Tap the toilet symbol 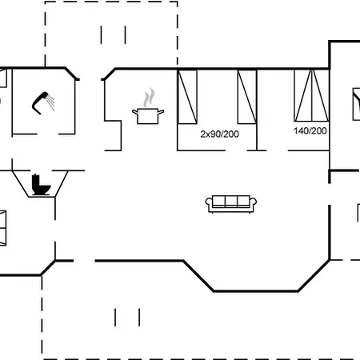[41, 185]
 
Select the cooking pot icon [148, 116]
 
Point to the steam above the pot [149, 98]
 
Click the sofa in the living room [231, 204]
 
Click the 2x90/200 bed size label [220, 134]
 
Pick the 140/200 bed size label [310, 131]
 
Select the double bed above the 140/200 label [311, 95]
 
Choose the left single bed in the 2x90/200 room [187, 97]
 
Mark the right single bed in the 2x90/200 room [247, 97]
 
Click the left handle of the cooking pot [135, 112]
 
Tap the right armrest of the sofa [254, 202]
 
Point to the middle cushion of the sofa [231, 201]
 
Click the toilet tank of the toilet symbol [35, 181]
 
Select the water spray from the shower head [50, 102]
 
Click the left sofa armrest [209, 202]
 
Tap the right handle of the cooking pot [161, 112]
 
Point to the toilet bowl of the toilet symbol [45, 189]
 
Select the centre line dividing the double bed [311, 95]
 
